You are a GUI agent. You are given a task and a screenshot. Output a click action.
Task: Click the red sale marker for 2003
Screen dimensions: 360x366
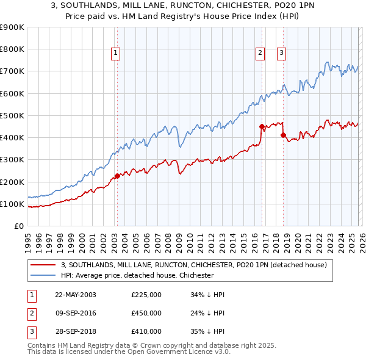click(x=117, y=176)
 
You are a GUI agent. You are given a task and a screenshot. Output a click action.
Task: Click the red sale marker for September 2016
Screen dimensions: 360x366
click(x=261, y=127)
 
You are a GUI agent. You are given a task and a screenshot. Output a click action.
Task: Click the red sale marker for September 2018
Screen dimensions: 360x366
click(x=283, y=135)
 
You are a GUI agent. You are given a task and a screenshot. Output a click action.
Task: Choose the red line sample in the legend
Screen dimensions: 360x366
click(x=44, y=265)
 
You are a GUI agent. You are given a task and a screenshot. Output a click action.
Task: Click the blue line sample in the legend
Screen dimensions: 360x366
click(x=44, y=275)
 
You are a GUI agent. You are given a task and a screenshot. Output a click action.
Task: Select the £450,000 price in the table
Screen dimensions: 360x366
click(x=146, y=313)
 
